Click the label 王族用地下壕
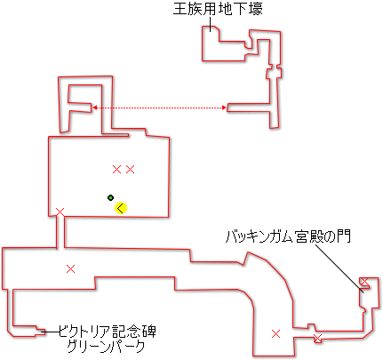(x=218, y=9)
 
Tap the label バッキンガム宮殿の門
(x=288, y=237)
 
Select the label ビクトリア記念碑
(x=107, y=332)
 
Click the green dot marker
(x=110, y=197)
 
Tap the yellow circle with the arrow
(x=121, y=208)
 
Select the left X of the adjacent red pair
(x=117, y=170)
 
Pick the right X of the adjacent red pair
(x=131, y=170)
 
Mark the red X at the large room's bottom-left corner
(x=60, y=212)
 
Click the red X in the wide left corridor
(x=70, y=269)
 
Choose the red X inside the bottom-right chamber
(x=275, y=334)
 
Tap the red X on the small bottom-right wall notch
(x=317, y=338)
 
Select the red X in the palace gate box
(x=364, y=281)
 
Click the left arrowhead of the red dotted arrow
(x=95, y=108)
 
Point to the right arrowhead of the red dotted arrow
(x=224, y=108)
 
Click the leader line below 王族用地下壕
(x=210, y=24)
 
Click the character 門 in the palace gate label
(x=344, y=237)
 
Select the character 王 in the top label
(x=180, y=10)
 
